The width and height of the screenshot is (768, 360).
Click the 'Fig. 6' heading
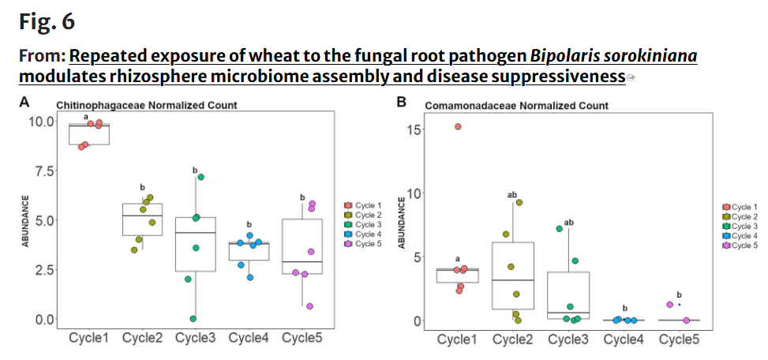(47, 22)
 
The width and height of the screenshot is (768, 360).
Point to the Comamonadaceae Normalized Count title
(517, 105)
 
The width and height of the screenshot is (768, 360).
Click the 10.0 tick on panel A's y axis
(41, 121)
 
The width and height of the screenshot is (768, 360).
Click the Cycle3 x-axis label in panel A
(195, 337)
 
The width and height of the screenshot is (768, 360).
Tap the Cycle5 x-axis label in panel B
(678, 339)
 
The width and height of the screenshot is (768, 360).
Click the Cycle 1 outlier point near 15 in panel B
(458, 126)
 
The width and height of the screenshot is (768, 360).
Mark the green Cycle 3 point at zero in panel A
(193, 318)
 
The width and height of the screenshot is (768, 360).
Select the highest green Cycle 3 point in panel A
(200, 177)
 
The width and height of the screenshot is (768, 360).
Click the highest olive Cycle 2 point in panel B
(519, 202)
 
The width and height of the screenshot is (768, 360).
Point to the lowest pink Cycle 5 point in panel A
(309, 306)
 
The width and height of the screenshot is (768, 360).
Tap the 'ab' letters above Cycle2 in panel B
(511, 194)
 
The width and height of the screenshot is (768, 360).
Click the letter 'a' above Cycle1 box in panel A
(86, 117)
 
